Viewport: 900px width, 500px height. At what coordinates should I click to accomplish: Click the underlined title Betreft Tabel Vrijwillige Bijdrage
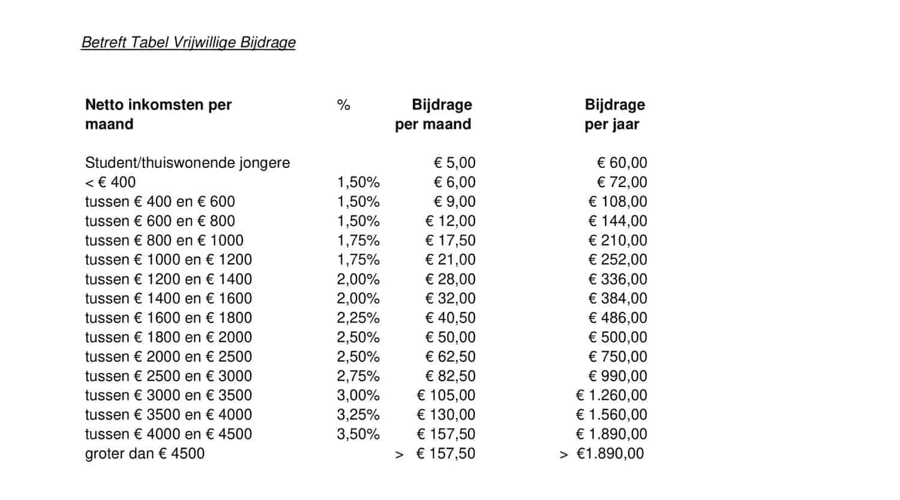pos(188,43)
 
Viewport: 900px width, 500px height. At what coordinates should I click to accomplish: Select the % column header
pos(343,106)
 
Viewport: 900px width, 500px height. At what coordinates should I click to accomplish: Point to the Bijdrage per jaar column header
pos(614,115)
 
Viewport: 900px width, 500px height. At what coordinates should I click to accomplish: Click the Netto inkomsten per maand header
pos(158,115)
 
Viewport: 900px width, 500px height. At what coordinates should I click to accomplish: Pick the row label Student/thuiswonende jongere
pos(187,162)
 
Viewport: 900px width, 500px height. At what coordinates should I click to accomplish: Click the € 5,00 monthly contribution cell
pos(454,162)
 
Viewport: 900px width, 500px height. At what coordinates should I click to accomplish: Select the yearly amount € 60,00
pos(622,162)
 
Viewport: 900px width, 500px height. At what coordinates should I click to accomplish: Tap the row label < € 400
pos(110,182)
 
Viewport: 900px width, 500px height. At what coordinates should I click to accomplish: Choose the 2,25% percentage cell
pos(358,318)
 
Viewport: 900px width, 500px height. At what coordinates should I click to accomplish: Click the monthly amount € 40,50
pos(450,318)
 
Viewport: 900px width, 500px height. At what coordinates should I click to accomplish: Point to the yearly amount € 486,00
pos(617,318)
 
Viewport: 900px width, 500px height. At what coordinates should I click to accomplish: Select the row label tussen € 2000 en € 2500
pos(169,357)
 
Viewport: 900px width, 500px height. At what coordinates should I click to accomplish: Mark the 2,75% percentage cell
pos(358,376)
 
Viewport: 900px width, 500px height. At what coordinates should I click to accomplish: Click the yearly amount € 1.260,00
pos(611,396)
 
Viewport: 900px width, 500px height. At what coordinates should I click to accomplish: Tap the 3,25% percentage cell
pos(358,415)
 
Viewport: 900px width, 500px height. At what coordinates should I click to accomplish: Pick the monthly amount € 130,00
pos(446,415)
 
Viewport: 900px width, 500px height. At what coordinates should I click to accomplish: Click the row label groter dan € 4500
pos(145,454)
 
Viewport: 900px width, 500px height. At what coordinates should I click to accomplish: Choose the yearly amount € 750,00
pos(617,357)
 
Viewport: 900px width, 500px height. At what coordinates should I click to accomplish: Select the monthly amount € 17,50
pos(450,240)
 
